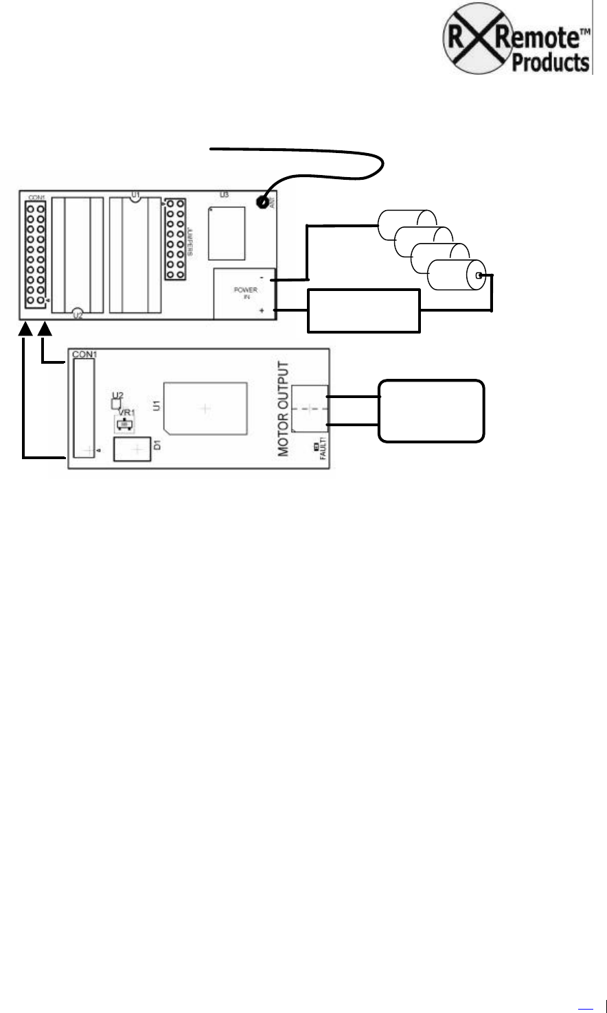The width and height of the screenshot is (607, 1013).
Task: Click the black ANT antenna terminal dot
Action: [x=262, y=202]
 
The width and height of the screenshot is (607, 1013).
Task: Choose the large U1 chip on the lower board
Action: [x=205, y=408]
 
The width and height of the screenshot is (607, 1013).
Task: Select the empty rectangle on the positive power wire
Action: [x=363, y=311]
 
